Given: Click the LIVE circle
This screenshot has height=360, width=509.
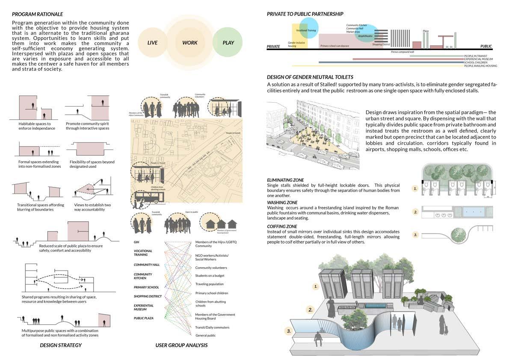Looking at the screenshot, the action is pos(152,43).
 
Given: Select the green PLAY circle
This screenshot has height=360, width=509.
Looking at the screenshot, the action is pos(228,43).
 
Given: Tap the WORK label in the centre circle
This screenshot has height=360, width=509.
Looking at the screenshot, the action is pos(190,43).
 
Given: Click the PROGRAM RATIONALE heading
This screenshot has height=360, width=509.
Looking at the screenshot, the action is pos(37,14).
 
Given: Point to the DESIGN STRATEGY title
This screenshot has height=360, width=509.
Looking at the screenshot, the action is pos(61,345).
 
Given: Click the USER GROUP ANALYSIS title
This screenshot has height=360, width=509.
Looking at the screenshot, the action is pos(181,345).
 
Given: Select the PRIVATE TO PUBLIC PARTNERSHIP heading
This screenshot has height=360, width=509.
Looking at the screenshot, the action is pos(305,14).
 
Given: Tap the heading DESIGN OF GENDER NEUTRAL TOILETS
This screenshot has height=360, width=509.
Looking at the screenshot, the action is pos(310,77).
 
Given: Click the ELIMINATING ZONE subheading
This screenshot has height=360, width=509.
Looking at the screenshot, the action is pos(284,180).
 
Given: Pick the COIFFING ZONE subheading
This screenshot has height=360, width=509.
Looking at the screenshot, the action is pos(282,226).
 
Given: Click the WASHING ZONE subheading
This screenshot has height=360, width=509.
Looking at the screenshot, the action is pos(283,202).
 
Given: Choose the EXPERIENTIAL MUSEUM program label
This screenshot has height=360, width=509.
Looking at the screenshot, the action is pos(144,307).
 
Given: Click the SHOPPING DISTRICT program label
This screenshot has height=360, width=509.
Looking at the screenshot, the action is pos(148,296).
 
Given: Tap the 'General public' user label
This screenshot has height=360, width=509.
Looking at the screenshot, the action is pos(206,335).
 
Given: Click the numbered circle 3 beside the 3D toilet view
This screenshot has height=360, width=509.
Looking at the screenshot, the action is pos(289,330).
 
